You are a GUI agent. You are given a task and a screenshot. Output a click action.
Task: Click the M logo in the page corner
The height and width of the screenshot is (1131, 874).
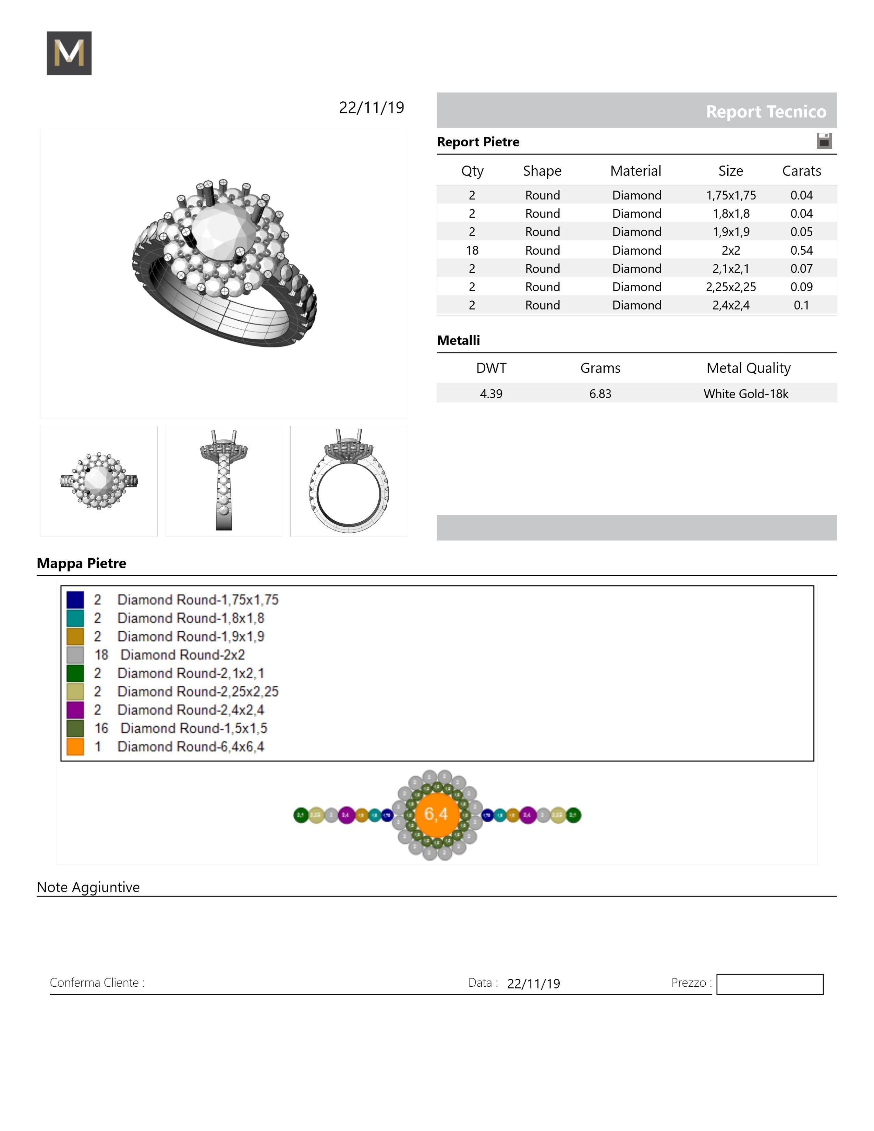coord(69,53)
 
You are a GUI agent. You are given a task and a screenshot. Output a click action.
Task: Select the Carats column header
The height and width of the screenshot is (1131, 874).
coord(801,171)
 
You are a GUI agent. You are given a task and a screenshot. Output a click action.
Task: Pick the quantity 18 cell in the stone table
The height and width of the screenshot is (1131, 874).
coord(472,250)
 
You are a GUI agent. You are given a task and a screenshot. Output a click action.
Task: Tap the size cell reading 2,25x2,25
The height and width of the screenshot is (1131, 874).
coord(731,287)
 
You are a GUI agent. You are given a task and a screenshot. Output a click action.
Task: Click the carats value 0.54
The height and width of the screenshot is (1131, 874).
coord(801,250)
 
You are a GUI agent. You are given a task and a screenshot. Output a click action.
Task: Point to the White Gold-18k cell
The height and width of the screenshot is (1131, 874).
coord(745,393)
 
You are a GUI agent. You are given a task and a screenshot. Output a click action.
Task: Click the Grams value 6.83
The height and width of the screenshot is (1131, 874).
coord(600,393)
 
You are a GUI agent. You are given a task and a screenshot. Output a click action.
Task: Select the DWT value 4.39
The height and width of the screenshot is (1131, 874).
coord(491,393)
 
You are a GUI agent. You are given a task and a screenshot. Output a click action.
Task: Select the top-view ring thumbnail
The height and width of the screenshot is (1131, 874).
coord(99,481)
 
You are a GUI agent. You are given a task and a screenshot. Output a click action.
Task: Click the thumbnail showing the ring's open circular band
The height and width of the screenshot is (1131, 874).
coord(349,481)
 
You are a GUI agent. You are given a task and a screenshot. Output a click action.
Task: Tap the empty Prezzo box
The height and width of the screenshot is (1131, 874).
coord(769,984)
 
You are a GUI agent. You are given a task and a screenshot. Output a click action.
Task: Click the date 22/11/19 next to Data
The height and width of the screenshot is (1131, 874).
coord(533,983)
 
